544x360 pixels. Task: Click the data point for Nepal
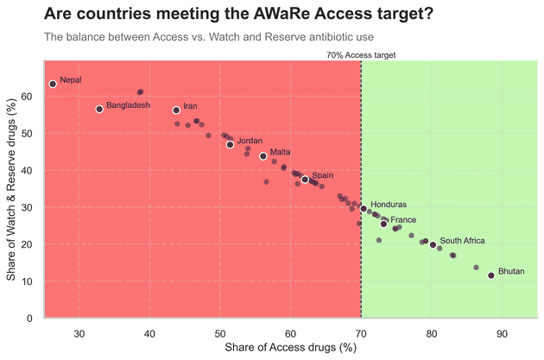click(53, 84)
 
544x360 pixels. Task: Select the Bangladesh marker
click(99, 109)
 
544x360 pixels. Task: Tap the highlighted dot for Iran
click(176, 111)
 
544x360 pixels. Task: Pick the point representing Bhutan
click(491, 275)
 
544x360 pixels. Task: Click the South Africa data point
click(433, 245)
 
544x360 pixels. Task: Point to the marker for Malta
click(263, 156)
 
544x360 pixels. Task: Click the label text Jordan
click(250, 141)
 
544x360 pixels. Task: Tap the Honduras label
click(388, 205)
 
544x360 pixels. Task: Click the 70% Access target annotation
click(361, 54)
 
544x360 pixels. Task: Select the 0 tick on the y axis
click(29, 319)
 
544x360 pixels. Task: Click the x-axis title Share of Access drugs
click(290, 347)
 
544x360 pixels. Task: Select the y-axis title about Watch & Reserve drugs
click(11, 190)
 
